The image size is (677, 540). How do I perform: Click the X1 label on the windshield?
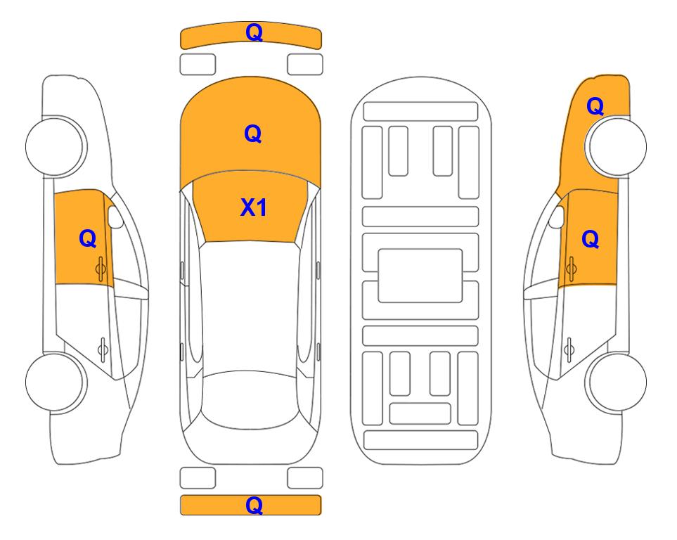pyautogui.click(x=254, y=207)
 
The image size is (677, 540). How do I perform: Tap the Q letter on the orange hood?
pyautogui.click(x=253, y=134)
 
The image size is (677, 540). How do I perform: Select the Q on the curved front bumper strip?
pyautogui.click(x=254, y=32)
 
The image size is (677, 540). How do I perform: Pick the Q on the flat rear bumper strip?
pyautogui.click(x=254, y=505)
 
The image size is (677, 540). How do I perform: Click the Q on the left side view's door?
pyautogui.click(x=88, y=238)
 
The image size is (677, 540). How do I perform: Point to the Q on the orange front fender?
pyautogui.click(x=595, y=106)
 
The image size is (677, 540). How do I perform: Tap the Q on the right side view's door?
pyautogui.click(x=591, y=239)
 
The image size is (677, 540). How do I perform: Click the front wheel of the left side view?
pyautogui.click(x=55, y=146)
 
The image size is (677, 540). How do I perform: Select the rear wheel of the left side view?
pyautogui.click(x=55, y=382)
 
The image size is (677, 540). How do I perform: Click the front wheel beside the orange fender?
pyautogui.click(x=617, y=146)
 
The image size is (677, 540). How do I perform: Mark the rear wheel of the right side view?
pyautogui.click(x=617, y=382)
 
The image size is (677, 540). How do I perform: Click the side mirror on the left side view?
pyautogui.click(x=115, y=217)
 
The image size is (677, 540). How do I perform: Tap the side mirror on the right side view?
pyautogui.click(x=557, y=217)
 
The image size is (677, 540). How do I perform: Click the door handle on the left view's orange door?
pyautogui.click(x=101, y=269)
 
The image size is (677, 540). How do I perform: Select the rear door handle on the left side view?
pyautogui.click(x=103, y=349)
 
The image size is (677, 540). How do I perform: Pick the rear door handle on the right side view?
pyautogui.click(x=569, y=349)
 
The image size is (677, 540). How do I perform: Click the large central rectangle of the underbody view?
pyautogui.click(x=420, y=276)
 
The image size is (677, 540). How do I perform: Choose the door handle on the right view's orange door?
pyautogui.click(x=572, y=269)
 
